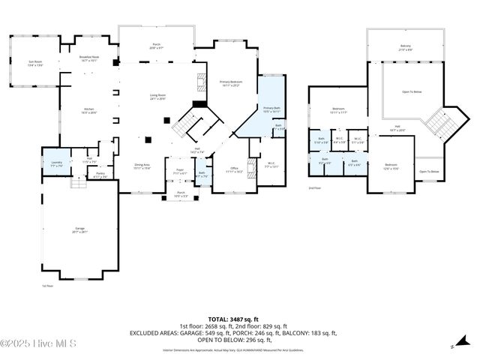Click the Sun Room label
34,63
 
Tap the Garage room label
79,229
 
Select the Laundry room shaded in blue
56,163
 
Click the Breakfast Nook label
89,58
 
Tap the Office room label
235,169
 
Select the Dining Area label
142,166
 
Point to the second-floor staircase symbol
437,122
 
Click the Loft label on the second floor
397,128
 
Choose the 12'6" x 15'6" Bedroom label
391,166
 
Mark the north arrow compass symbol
452,346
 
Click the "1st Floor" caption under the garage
48,286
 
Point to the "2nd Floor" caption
314,187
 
